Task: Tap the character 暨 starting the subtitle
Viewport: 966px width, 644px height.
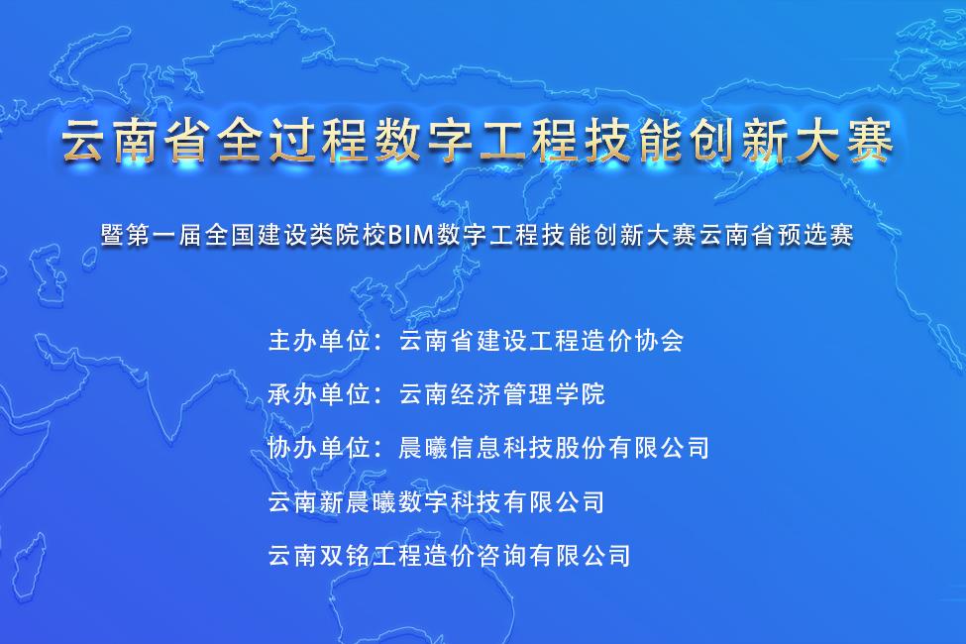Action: (x=112, y=235)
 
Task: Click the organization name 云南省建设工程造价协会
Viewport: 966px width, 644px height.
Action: (x=542, y=340)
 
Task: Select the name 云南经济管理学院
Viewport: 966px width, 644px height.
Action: (x=502, y=393)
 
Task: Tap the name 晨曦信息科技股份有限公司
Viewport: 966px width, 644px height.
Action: (x=555, y=448)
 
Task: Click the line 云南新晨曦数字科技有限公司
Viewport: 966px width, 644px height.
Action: (x=436, y=501)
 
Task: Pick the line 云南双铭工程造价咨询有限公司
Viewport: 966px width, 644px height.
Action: (x=449, y=555)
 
